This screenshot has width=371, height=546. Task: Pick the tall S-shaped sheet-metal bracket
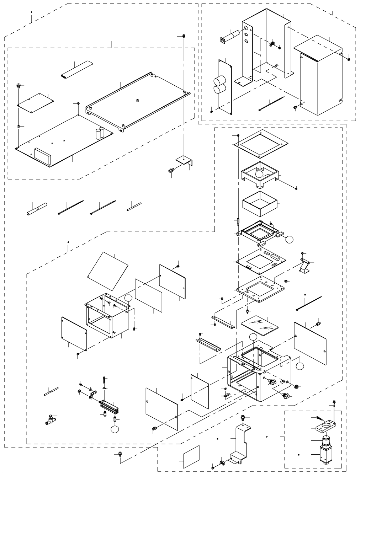point(239,444)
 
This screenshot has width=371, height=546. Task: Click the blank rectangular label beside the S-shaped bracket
point(191,457)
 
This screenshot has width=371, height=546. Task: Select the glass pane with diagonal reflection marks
point(259,325)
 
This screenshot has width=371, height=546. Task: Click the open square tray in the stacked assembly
point(260,203)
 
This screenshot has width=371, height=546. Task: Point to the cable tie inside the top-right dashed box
point(271,103)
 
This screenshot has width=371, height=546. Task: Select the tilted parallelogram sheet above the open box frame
point(108,270)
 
